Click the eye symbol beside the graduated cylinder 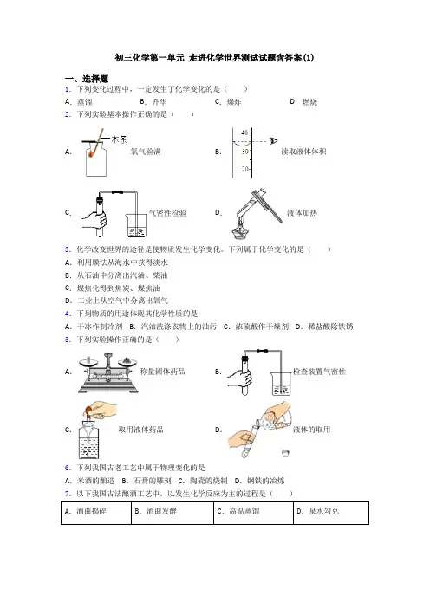[x=274, y=141]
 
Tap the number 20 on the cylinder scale [x=244, y=169]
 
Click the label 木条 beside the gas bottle [x=119, y=139]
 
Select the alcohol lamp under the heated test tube [x=238, y=230]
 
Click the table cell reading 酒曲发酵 [x=173, y=513]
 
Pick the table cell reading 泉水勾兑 [x=331, y=513]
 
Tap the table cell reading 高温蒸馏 [x=253, y=513]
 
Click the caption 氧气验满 [x=146, y=152]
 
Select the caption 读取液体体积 [x=303, y=152]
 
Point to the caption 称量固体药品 [x=162, y=372]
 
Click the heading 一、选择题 [x=87, y=79]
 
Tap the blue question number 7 [x=68, y=494]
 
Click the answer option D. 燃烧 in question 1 [x=303, y=102]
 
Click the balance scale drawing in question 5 [x=108, y=373]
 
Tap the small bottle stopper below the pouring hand [x=286, y=452]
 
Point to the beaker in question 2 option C [x=136, y=225]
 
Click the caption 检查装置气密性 [x=319, y=372]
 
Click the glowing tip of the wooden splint [x=93, y=154]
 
